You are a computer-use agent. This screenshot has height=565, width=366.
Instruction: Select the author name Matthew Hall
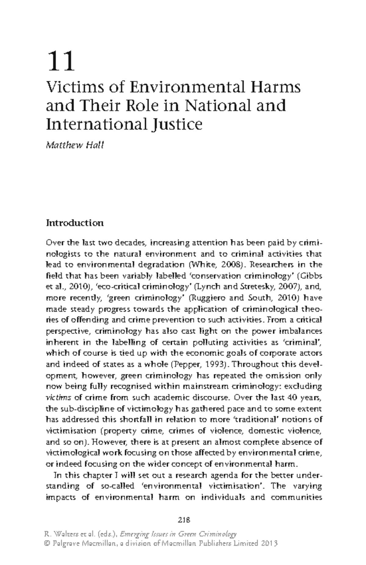pos(75,145)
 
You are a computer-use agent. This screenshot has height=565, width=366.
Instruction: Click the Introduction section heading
pos(75,223)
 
